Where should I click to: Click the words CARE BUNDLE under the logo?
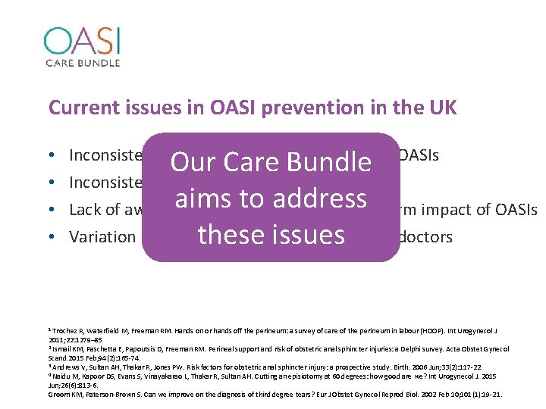coord(82,61)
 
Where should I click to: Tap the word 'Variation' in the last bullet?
coord(102,237)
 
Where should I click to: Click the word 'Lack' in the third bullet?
coord(86,210)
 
